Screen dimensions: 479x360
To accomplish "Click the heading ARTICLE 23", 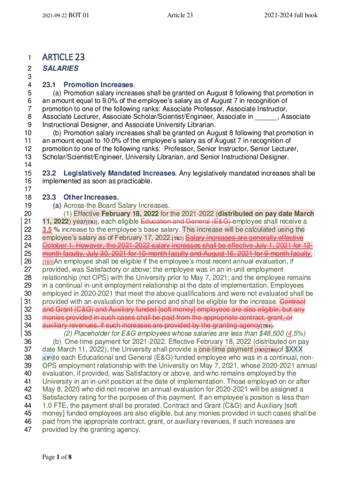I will [x=64, y=58].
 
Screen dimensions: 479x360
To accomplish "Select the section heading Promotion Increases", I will [x=98, y=85].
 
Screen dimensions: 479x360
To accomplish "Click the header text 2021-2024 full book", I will [x=291, y=15].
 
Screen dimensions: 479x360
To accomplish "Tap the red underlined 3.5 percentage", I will [x=47, y=230].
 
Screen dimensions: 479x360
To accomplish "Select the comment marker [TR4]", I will [x=266, y=326].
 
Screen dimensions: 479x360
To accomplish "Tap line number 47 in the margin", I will [x=27, y=429].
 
